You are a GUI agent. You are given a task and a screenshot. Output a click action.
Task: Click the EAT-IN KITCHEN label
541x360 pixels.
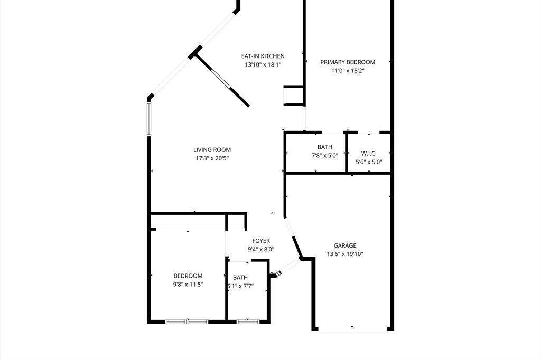pyautogui.click(x=263, y=56)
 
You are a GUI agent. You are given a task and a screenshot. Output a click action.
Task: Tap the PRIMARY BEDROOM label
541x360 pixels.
pyautogui.click(x=348, y=62)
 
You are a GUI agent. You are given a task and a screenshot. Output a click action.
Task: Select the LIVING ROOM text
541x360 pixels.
pyautogui.click(x=212, y=150)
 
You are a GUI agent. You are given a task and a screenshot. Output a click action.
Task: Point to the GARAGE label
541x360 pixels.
pyautogui.click(x=345, y=245)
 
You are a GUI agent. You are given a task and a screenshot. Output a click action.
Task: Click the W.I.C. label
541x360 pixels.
pyautogui.click(x=369, y=154)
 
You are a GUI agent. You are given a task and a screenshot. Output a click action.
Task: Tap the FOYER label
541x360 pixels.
pyautogui.click(x=261, y=241)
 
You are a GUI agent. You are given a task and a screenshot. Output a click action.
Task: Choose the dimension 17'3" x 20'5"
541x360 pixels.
pyautogui.click(x=212, y=158)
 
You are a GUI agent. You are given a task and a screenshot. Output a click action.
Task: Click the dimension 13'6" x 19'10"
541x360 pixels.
pyautogui.click(x=345, y=254)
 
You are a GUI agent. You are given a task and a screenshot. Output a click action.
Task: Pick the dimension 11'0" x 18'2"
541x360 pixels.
pyautogui.click(x=348, y=70)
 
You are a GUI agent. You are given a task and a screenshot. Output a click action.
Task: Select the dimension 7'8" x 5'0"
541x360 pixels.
pyautogui.click(x=325, y=156)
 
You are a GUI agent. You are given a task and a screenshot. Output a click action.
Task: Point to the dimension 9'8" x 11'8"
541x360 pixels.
pyautogui.click(x=188, y=284)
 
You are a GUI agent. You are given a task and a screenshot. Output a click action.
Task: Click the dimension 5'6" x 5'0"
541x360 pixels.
pyautogui.click(x=369, y=162)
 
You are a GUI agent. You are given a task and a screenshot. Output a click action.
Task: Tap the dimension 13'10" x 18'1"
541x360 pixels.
pyautogui.click(x=263, y=64)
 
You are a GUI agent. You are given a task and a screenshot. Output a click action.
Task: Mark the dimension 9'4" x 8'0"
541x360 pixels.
pyautogui.click(x=261, y=250)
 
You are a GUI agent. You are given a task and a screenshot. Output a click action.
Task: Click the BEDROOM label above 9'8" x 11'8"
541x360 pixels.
pyautogui.click(x=188, y=276)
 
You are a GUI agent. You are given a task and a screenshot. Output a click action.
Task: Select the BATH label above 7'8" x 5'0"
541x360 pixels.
pyautogui.click(x=325, y=147)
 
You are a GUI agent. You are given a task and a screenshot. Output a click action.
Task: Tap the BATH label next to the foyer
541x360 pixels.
pyautogui.click(x=240, y=278)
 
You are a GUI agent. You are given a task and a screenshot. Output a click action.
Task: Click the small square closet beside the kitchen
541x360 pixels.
pyautogui.click(x=293, y=96)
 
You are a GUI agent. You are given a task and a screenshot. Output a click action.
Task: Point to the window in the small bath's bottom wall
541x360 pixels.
pyautogui.click(x=248, y=321)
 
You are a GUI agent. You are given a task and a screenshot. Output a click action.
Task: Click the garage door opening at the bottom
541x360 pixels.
pyautogui.click(x=353, y=329)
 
